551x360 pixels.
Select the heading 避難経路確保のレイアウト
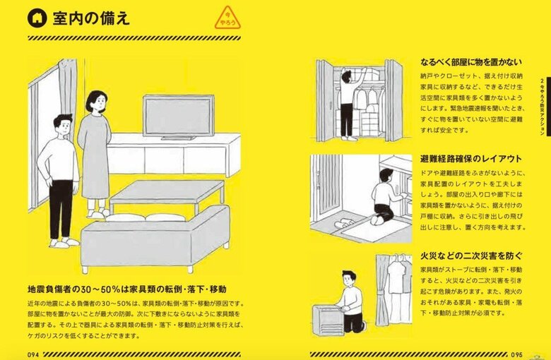[x=471, y=158]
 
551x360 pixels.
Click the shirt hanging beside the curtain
[x=398, y=279]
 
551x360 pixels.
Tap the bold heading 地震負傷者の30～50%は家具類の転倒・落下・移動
[x=126, y=289]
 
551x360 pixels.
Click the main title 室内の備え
[x=91, y=18]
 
